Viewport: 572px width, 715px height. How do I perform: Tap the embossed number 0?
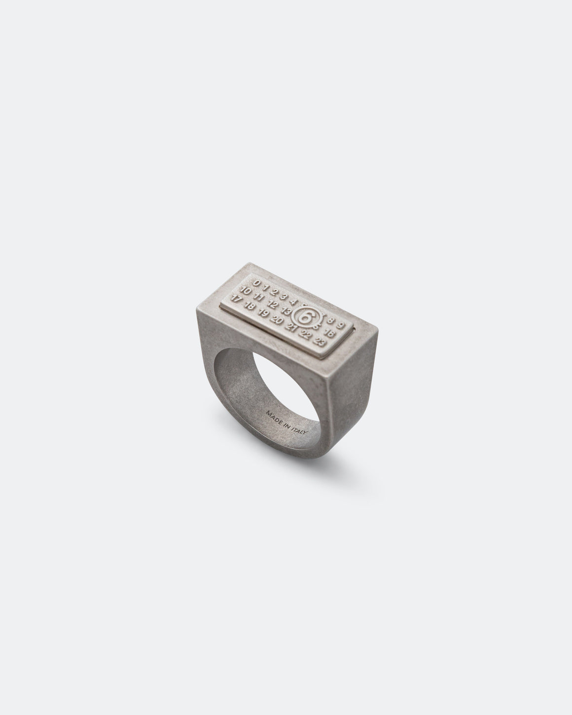pos(256,283)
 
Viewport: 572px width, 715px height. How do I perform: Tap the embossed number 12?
pos(273,305)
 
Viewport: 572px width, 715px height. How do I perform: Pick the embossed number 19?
pos(263,314)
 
